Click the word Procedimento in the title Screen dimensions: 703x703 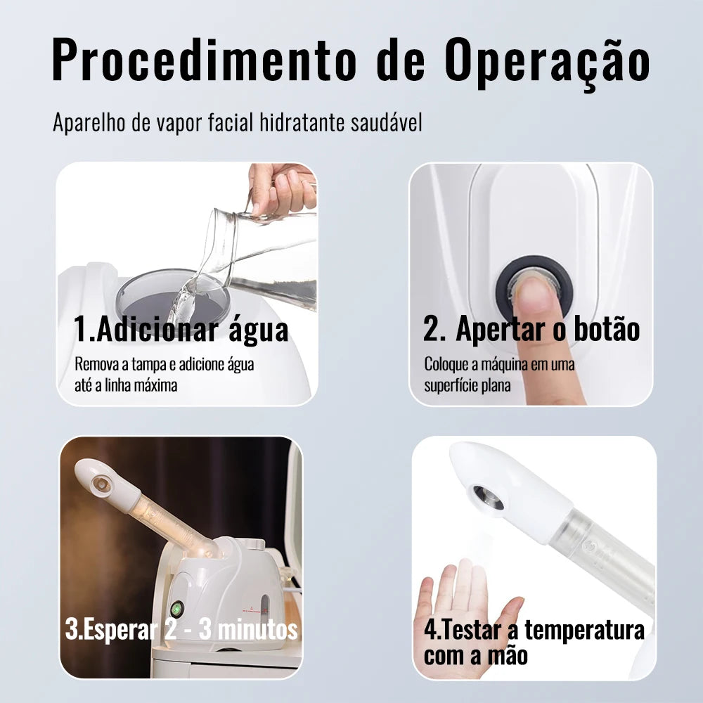pyautogui.click(x=205, y=60)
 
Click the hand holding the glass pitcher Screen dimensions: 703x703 pyautogui.click(x=282, y=188)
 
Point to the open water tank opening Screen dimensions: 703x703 pyautogui.click(x=173, y=297)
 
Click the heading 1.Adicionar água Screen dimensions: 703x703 pyautogui.click(x=181, y=329)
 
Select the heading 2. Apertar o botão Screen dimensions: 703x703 pyautogui.click(x=531, y=329)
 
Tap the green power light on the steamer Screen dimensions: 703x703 pyautogui.click(x=176, y=608)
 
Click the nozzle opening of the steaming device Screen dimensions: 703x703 pyautogui.click(x=101, y=484)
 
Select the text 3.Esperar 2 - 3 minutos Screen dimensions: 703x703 pyautogui.click(x=181, y=629)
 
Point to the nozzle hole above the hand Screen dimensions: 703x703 pyautogui.click(x=489, y=498)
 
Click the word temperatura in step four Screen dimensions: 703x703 pyautogui.click(x=585, y=631)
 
